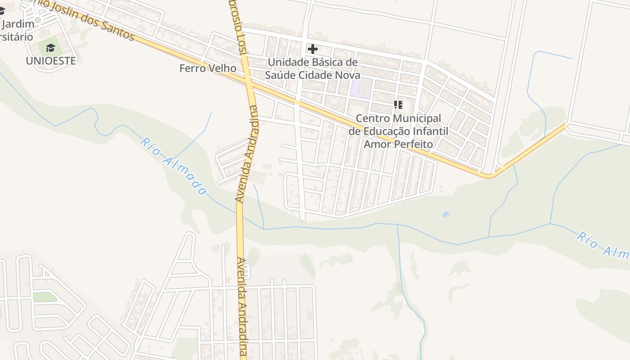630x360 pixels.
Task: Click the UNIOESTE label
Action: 50,61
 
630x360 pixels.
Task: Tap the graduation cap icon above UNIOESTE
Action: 50,48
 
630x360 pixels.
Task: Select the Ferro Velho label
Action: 207,68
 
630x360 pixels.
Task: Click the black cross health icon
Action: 312,49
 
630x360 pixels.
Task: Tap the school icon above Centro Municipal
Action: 398,105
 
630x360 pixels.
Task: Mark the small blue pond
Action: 446,214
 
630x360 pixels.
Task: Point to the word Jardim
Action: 21,24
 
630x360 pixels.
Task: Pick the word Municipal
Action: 417,119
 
